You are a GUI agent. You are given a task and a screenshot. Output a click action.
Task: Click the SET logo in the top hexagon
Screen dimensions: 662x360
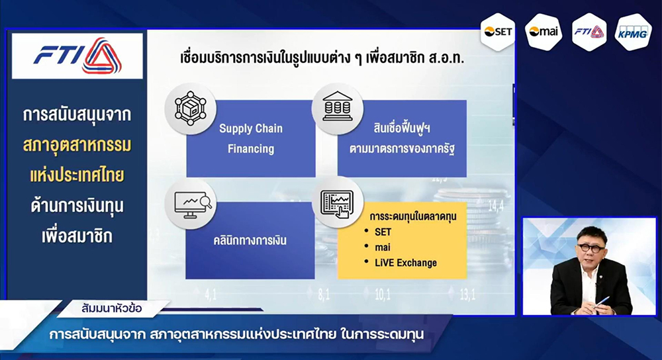click(498, 32)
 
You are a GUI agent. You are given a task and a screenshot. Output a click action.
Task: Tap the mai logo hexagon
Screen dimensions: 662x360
click(544, 32)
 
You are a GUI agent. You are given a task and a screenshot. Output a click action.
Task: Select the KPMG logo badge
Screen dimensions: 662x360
click(632, 32)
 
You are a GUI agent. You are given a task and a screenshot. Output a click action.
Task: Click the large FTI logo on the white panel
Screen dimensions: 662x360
click(77, 56)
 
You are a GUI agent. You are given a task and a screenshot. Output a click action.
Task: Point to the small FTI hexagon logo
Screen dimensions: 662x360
click(589, 32)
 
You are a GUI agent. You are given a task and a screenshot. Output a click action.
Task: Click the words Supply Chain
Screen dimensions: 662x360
click(251, 128)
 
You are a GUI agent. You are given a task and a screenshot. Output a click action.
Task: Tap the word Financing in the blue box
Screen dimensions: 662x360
click(251, 148)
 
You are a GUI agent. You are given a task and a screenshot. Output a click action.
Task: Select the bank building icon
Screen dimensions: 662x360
click(338, 108)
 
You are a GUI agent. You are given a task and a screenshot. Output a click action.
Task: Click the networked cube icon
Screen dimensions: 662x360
click(191, 109)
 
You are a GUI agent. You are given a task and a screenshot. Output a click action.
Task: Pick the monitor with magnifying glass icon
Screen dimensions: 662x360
click(191, 204)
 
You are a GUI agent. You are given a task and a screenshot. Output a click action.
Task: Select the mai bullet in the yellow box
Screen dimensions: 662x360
click(377, 247)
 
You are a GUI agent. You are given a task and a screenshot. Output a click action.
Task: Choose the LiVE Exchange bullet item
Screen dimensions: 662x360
click(401, 263)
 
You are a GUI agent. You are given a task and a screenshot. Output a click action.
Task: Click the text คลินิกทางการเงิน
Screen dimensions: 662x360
click(250, 241)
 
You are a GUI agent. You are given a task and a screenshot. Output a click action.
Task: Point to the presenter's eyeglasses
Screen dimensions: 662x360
click(591, 247)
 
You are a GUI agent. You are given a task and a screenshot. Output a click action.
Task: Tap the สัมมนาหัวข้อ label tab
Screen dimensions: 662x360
click(112, 308)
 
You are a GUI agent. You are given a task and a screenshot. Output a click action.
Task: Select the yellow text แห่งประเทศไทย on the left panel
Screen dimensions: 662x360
click(77, 175)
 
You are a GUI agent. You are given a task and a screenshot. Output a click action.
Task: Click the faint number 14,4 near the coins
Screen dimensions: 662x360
click(496, 206)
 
